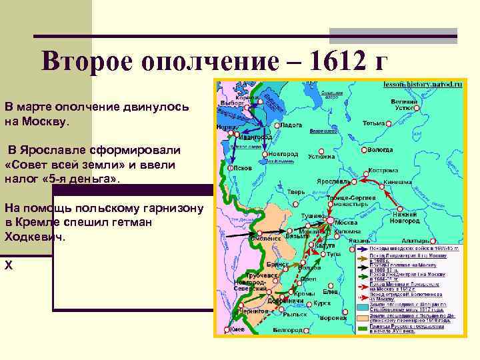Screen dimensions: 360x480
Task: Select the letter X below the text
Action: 9,265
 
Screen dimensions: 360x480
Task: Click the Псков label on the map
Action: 243,168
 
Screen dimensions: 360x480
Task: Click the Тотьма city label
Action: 374,123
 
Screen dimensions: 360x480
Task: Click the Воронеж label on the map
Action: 329,317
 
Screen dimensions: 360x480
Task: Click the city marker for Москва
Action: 329,219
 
